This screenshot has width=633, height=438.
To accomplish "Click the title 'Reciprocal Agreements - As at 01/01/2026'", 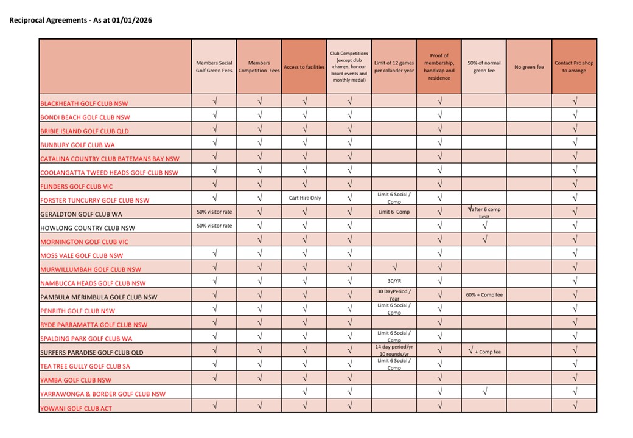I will click(80, 20).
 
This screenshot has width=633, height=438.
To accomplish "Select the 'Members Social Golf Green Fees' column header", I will click(214, 67).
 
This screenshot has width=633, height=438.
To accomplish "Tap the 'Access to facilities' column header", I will click(304, 67).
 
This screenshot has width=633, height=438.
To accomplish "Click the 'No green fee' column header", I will click(529, 67).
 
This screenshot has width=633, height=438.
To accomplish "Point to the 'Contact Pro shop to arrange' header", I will click(574, 67).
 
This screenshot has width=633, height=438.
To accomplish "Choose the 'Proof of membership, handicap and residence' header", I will click(439, 67).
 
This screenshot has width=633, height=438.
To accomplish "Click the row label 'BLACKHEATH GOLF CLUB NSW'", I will click(84, 103).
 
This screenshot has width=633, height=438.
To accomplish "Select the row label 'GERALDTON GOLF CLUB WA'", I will click(83, 214).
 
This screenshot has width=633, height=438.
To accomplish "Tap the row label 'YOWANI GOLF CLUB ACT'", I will click(76, 408).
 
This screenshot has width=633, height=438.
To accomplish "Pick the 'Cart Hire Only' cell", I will click(304, 198).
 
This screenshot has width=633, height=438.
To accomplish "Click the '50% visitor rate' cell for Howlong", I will click(214, 226).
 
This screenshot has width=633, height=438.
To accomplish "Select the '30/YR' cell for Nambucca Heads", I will click(394, 281).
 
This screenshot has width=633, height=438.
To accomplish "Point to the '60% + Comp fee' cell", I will click(484, 295).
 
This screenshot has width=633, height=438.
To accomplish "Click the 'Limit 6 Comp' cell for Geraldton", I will click(394, 212).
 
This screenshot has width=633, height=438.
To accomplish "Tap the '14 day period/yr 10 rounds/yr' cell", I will click(394, 350).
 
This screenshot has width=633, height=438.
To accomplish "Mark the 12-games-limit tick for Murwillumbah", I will click(394, 267).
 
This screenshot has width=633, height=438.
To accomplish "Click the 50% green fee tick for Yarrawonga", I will click(484, 392).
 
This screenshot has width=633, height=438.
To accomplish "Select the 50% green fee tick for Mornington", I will click(484, 240).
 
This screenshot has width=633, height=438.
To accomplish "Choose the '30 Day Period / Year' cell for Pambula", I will click(394, 294).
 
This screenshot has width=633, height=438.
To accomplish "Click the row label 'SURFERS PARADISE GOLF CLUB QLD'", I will click(91, 353).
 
